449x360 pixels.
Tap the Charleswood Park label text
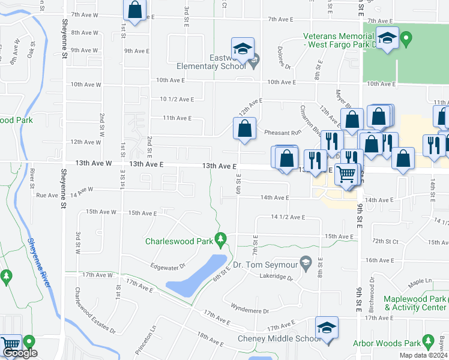click(x=179, y=241)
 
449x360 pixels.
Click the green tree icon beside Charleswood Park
click(x=221, y=240)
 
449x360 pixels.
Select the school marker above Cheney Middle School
click(x=327, y=328)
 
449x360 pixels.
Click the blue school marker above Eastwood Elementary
click(x=243, y=49)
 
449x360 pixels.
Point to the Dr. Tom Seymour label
click(x=265, y=265)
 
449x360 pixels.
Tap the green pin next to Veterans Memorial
click(x=406, y=40)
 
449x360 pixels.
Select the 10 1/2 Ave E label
click(x=176, y=99)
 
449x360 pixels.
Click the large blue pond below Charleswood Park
click(x=196, y=276)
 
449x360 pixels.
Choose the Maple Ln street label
click(x=420, y=281)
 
